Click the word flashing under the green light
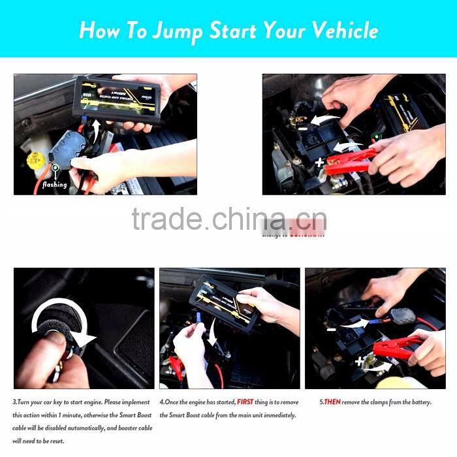54,185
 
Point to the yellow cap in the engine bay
35,160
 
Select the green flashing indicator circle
56,168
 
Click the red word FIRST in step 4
245,402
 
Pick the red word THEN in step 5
332,402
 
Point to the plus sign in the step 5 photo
359,360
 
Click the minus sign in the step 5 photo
331,330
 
